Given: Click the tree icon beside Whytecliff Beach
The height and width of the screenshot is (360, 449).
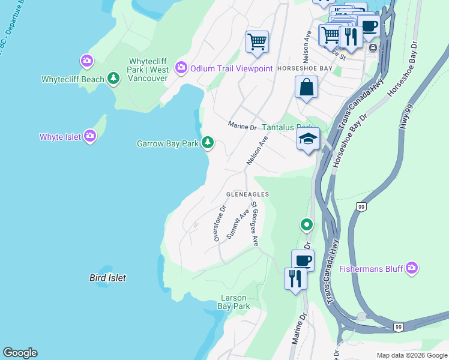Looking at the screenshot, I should click(x=113, y=79).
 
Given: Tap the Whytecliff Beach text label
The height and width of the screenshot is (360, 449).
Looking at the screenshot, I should click(x=73, y=79).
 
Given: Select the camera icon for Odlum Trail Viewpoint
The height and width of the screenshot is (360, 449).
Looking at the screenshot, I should click(x=181, y=68).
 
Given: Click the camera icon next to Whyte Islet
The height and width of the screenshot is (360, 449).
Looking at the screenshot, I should click(x=90, y=137).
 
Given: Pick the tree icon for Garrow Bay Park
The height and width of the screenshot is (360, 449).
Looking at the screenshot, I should click(x=207, y=143).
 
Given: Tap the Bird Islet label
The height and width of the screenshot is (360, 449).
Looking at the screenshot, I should click(x=107, y=278).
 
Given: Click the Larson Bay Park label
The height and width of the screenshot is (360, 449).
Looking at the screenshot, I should click(x=234, y=302).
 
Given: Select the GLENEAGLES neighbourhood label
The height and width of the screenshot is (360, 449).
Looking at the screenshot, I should click(x=247, y=194).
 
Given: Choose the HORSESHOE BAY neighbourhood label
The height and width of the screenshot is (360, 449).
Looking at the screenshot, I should click(x=304, y=69).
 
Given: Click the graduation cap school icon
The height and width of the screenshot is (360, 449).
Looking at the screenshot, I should click(x=309, y=139).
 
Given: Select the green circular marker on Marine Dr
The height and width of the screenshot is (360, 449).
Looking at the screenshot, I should click(x=306, y=225).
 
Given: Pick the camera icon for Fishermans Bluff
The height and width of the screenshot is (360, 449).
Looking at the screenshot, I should click(x=412, y=268).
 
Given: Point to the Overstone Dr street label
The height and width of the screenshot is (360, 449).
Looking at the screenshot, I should click(x=219, y=224).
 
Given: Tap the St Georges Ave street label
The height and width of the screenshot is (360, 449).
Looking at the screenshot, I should click(x=255, y=224).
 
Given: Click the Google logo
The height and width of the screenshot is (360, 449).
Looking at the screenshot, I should click(x=20, y=353).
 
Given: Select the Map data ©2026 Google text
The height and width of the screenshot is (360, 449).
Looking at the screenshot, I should click(x=412, y=355).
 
